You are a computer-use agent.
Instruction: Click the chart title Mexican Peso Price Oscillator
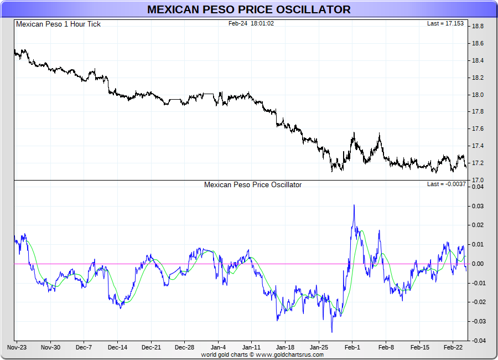248,9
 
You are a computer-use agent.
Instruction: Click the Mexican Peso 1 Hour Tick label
58,24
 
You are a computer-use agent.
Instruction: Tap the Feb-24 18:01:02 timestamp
251,24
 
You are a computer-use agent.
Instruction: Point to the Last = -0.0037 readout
446,184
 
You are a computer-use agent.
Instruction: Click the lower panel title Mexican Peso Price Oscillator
253,184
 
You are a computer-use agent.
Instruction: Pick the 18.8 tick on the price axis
478,26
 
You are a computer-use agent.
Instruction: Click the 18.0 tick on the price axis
478,95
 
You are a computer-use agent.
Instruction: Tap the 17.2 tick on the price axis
478,163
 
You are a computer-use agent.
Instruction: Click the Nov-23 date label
17,347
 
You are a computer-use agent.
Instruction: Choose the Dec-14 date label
117,347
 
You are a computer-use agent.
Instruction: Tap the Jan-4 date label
218,347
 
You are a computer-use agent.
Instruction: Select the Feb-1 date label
352,347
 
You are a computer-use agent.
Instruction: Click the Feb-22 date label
453,347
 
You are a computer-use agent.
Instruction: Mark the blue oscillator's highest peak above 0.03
354,205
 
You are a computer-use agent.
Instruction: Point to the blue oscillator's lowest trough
332,332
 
